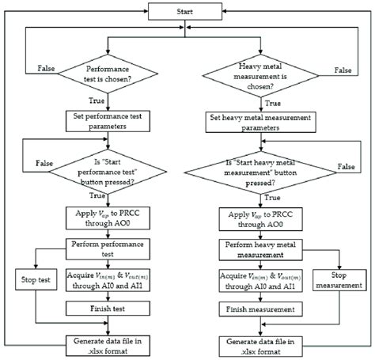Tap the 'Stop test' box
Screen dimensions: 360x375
click(34, 278)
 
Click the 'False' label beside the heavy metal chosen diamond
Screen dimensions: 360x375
click(343, 70)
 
